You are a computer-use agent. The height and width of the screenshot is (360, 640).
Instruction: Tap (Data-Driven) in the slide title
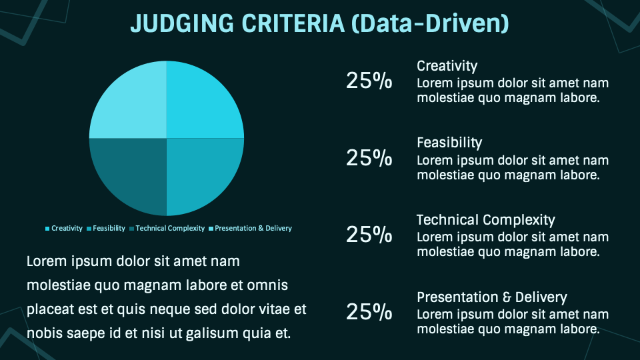[x=430, y=23]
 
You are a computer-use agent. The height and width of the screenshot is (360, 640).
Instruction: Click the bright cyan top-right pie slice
[x=203, y=100]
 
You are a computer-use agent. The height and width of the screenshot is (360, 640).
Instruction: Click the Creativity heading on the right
[x=447, y=66]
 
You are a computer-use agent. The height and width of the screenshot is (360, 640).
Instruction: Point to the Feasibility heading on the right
[x=449, y=143]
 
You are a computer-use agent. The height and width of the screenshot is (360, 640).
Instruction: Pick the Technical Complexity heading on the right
[x=485, y=220]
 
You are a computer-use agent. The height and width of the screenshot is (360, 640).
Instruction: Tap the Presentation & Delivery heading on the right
[x=491, y=297]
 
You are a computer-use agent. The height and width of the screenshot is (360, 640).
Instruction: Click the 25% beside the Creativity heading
[x=369, y=81]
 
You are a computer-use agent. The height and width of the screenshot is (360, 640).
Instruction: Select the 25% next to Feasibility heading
[x=369, y=158]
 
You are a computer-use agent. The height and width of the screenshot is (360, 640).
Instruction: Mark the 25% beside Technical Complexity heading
[x=369, y=235]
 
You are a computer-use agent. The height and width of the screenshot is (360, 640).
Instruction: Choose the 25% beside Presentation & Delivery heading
[x=369, y=312]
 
